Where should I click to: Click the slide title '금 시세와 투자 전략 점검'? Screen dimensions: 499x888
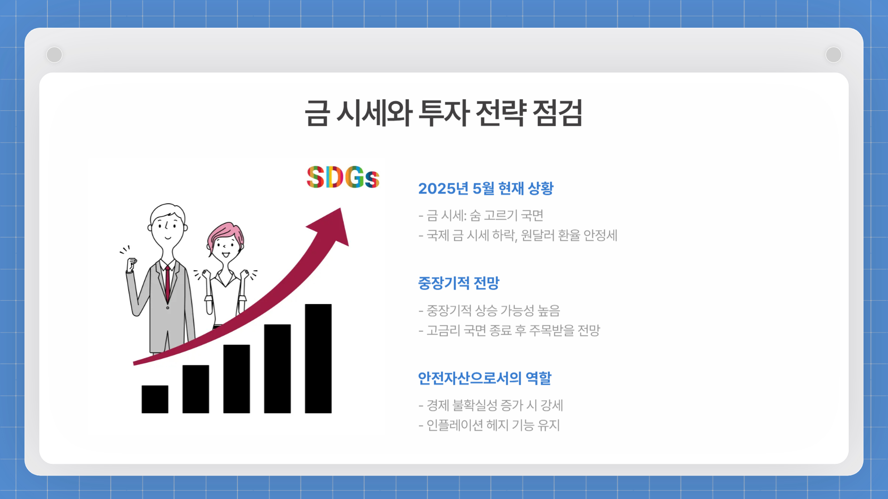coord(443,113)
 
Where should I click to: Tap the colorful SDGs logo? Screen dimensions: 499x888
coord(343,177)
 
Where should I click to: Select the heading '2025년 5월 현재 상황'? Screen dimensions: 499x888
coord(486,189)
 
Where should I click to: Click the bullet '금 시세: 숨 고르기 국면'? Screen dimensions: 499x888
coord(481,215)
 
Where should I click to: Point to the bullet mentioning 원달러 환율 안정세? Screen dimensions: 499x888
coord(518,235)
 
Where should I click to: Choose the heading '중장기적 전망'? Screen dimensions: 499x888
coord(458,283)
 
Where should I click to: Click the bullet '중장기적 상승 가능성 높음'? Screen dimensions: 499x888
coord(489,310)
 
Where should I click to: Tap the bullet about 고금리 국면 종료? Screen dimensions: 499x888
coord(509,330)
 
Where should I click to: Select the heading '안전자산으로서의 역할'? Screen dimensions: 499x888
coord(484,378)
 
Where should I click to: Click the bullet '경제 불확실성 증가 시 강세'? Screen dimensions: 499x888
coord(491,405)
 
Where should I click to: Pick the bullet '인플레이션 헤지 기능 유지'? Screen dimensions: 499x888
coord(489,425)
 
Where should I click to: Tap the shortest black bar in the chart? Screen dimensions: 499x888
coord(155,399)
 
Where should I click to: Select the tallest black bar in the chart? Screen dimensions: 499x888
coord(318,358)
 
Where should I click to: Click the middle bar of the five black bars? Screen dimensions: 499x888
coord(236,379)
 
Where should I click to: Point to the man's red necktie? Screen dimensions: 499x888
coord(167,282)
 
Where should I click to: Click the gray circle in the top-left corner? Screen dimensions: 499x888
coord(55,55)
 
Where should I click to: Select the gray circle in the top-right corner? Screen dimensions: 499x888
coord(833,55)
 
